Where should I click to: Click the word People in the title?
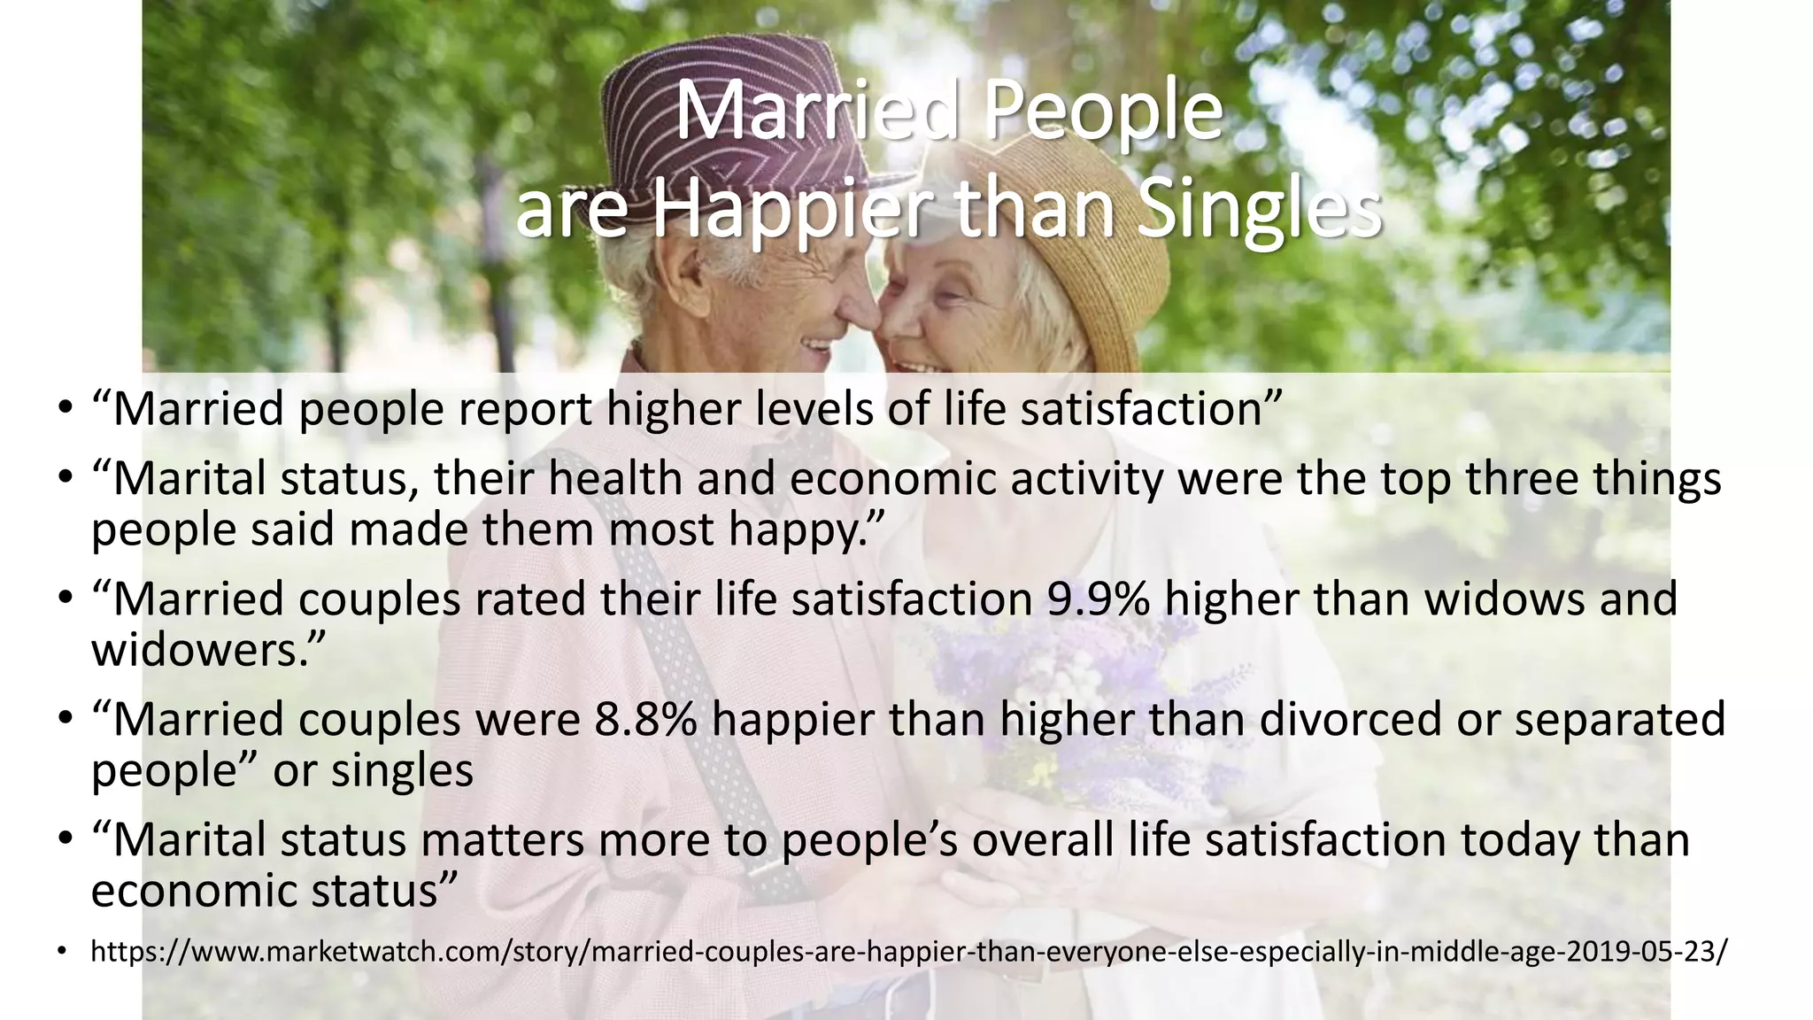click(1102, 112)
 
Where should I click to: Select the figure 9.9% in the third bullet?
click(1099, 599)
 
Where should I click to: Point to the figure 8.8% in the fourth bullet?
click(645, 719)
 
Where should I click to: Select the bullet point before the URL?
click(63, 953)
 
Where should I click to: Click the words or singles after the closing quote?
click(373, 770)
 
